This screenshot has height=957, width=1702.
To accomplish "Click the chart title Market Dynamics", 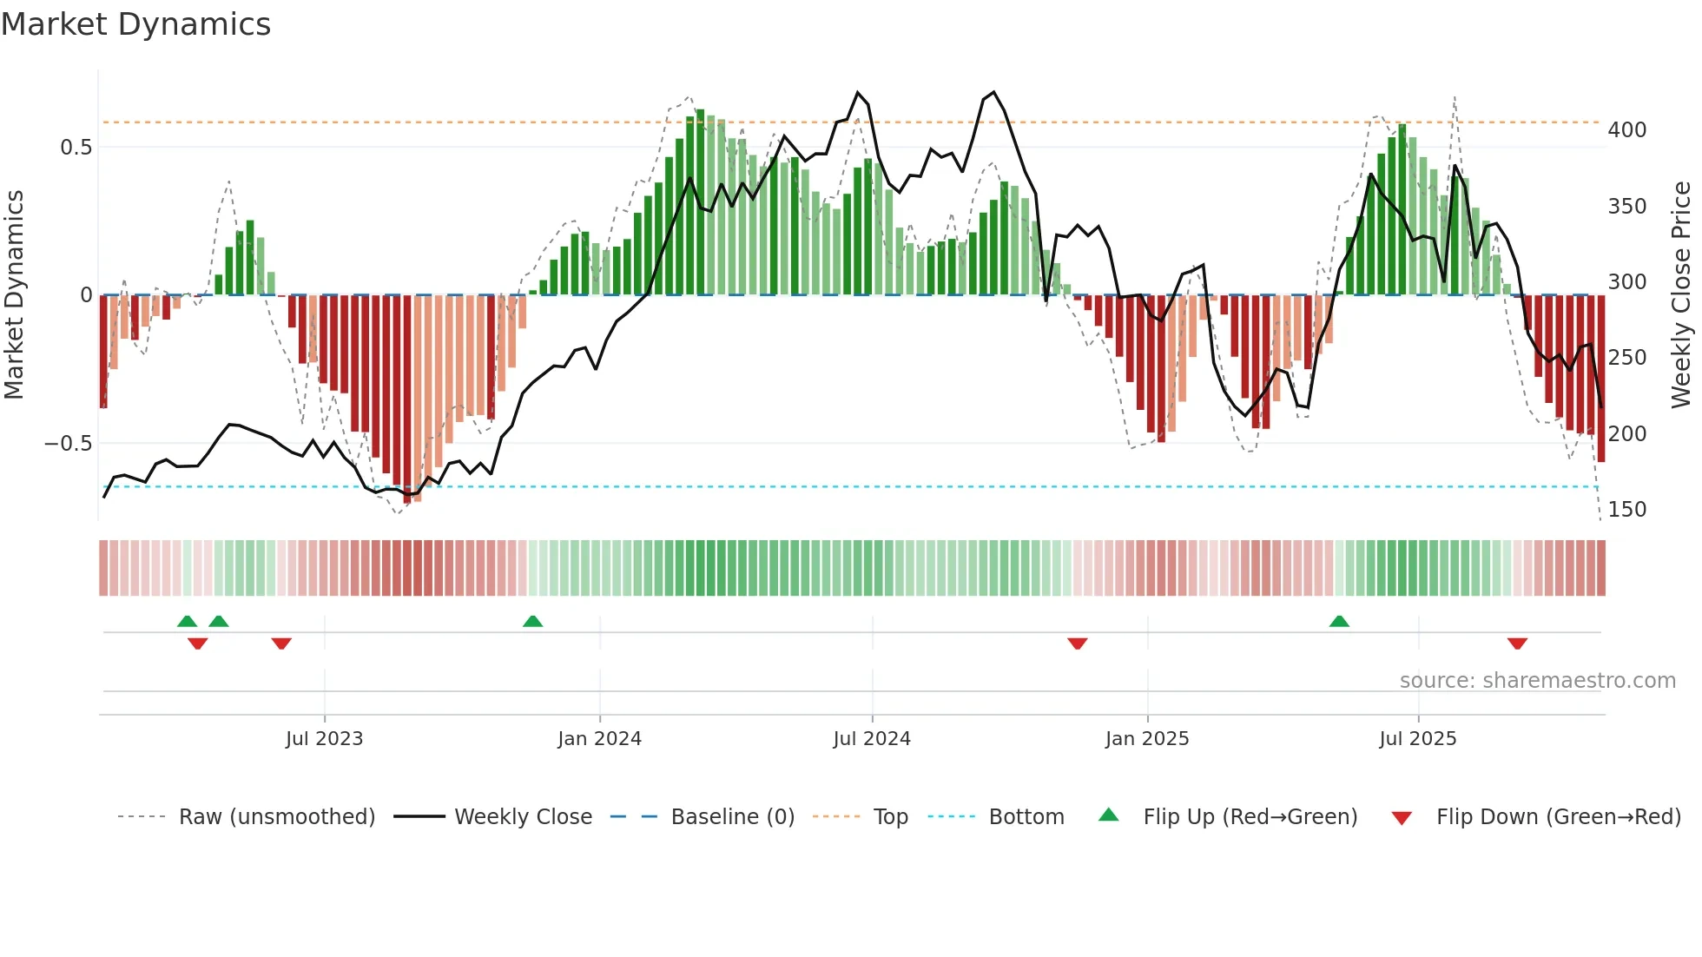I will (136, 24).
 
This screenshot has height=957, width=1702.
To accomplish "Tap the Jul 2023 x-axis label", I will (324, 739).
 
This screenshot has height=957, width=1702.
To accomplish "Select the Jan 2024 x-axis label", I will (599, 739).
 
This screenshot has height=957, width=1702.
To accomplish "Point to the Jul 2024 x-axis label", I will (872, 739).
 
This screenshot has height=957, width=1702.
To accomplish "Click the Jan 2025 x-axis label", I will (1147, 739).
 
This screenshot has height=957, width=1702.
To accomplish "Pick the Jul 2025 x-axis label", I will (1418, 739).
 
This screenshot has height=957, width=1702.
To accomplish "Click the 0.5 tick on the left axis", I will (76, 148).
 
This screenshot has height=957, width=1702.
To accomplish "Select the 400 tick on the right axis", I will (1627, 130).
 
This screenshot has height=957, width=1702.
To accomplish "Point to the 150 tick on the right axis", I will (1627, 510).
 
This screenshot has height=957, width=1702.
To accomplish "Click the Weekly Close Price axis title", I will (1682, 295).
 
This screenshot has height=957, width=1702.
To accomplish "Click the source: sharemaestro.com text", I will (1537, 681).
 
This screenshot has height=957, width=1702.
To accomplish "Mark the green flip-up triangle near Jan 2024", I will (532, 622).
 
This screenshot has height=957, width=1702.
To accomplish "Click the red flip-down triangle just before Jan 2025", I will (1078, 643).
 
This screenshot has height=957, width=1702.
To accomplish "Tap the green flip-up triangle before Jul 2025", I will (1339, 622).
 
